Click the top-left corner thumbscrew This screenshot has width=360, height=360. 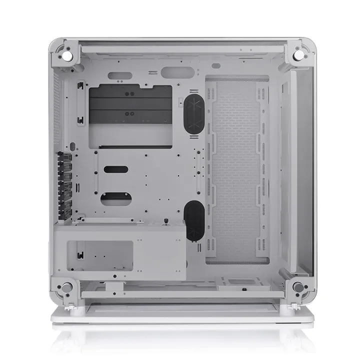coord(65,51)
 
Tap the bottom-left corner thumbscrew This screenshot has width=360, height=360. coord(65,287)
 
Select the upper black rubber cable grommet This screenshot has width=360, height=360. coord(194,114)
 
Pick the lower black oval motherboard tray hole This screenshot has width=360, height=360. coord(115,198)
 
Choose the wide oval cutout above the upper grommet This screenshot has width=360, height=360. coord(174,71)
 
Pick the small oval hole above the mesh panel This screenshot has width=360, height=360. coord(216,65)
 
